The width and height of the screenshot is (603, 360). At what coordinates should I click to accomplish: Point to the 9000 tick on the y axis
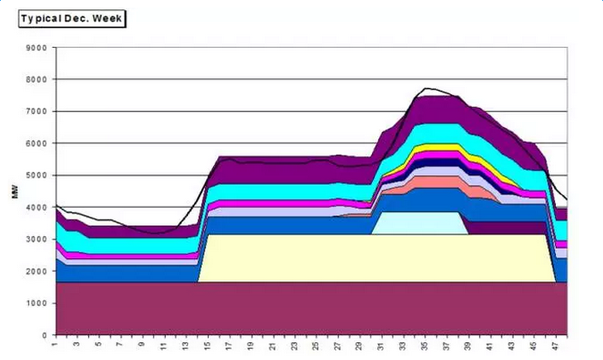coord(35,48)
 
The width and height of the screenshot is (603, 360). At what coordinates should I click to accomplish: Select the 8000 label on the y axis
coord(35,80)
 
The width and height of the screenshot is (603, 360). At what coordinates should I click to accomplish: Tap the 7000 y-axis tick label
coord(35,112)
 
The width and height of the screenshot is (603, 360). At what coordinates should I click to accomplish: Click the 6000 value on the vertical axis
coord(35,144)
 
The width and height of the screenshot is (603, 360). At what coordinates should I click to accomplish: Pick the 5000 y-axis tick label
coord(35,175)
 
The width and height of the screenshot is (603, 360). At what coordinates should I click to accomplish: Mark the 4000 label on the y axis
coord(35,208)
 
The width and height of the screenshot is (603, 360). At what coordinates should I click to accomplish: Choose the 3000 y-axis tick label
coord(35,239)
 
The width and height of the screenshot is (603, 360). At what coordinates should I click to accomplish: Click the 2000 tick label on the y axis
coord(35,271)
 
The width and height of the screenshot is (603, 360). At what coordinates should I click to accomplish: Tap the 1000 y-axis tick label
coord(35,304)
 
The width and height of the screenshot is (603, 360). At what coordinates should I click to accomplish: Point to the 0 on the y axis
coord(44,335)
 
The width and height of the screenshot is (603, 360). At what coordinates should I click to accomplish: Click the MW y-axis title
coord(15,192)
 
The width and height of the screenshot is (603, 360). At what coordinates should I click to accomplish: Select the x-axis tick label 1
coord(56,345)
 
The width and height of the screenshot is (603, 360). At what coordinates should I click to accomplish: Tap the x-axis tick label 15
coord(208,346)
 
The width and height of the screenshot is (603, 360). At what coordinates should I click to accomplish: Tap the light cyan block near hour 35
coord(419,222)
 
